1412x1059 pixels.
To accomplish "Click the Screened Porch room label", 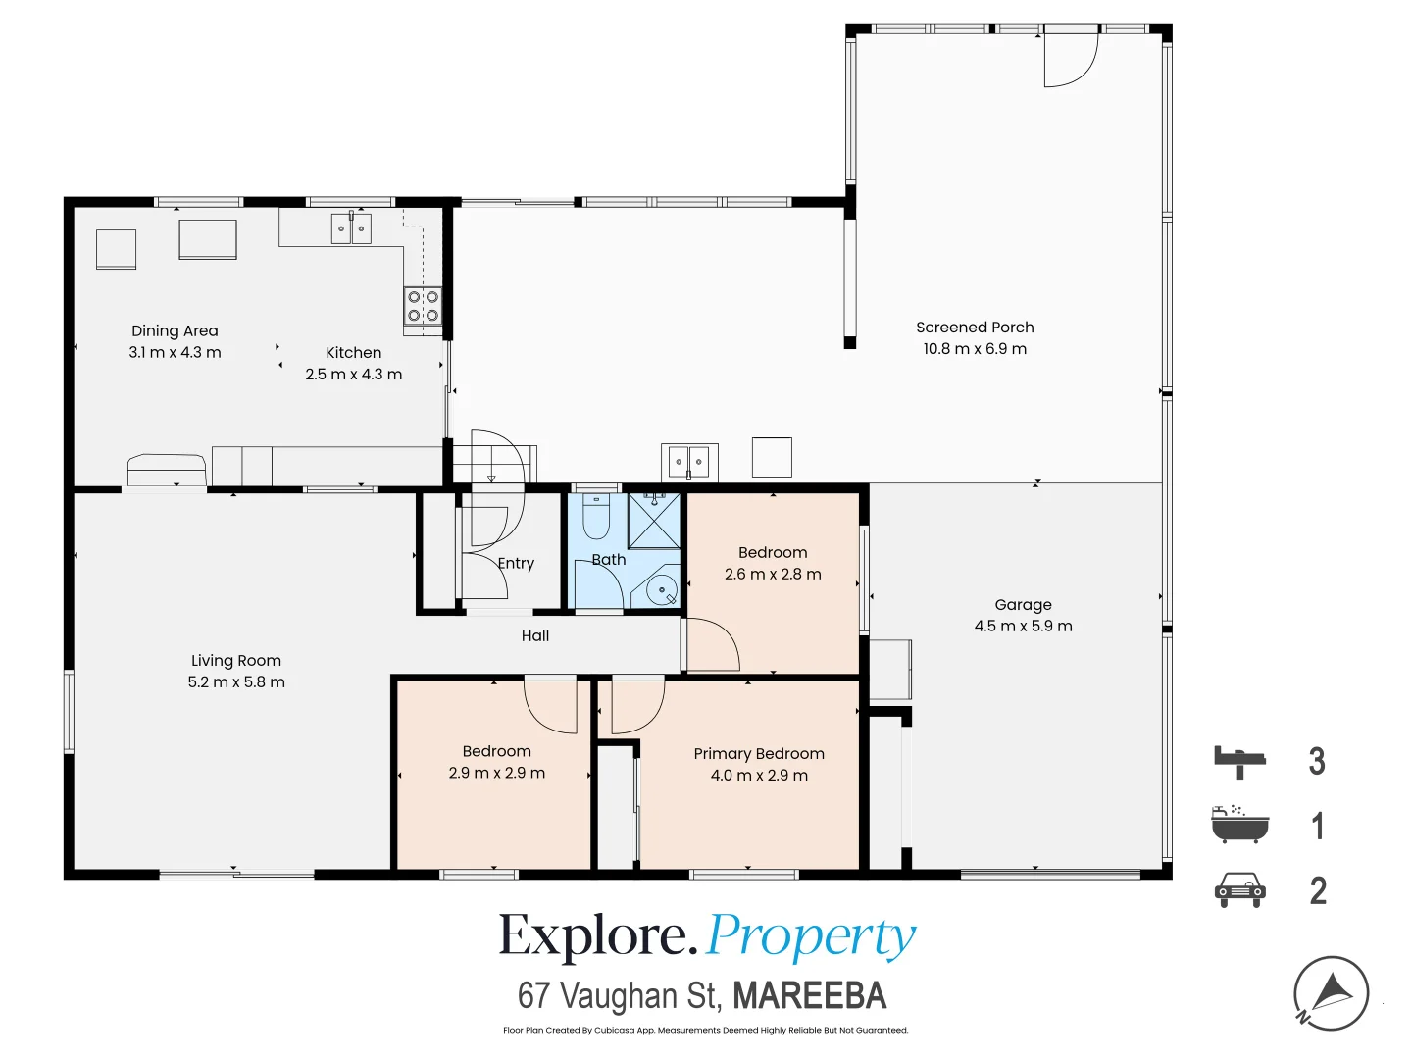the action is click(x=974, y=328).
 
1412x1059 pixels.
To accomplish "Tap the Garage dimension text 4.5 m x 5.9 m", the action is click(x=1022, y=626).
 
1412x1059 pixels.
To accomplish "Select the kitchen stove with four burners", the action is click(x=423, y=306).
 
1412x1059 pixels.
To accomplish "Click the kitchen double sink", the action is click(x=351, y=228).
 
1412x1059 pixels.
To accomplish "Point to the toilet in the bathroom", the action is click(x=595, y=517).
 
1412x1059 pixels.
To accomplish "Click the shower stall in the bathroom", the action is click(x=654, y=521).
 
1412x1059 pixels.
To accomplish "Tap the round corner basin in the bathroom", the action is click(x=661, y=589).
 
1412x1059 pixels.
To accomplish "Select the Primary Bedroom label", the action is click(x=758, y=754).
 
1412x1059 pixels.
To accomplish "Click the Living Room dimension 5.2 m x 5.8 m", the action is click(x=236, y=681).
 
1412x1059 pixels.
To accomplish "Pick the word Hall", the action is click(x=534, y=636).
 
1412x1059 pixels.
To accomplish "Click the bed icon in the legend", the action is click(x=1239, y=762).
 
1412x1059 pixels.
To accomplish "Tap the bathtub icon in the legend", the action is click(x=1239, y=824).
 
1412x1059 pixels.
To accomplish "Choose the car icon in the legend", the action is click(x=1239, y=890).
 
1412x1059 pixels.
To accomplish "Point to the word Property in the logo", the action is click(x=811, y=937).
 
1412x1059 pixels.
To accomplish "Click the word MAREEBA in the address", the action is click(x=809, y=995).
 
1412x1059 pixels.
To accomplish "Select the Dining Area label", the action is click(x=175, y=331).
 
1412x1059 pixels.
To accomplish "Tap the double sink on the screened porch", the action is click(x=689, y=462).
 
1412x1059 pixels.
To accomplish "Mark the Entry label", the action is click(x=515, y=563).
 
